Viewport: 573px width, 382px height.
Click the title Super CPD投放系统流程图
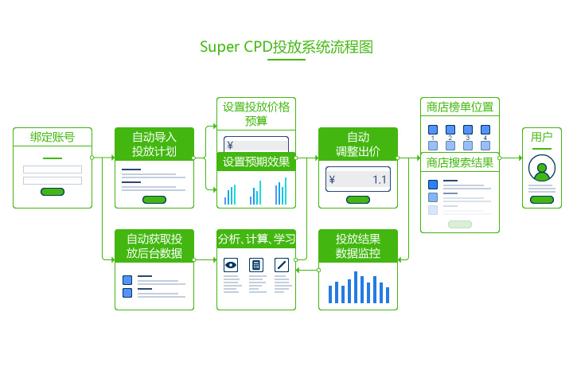tap(286, 47)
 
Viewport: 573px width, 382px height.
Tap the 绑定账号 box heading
tap(53, 137)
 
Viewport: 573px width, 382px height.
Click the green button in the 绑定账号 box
tap(53, 192)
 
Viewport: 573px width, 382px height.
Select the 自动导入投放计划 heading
tap(154, 144)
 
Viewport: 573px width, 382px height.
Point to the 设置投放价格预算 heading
tap(256, 114)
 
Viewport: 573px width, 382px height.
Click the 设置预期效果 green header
tap(256, 162)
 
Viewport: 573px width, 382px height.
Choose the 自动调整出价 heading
tap(358, 144)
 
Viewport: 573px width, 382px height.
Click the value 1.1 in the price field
tap(380, 180)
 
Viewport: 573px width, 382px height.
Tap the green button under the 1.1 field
tap(358, 200)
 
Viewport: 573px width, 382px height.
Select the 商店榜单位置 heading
tap(460, 107)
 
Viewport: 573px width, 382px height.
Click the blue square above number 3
tap(468, 130)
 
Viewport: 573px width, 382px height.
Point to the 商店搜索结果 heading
tap(460, 162)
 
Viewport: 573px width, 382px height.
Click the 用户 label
tap(542, 137)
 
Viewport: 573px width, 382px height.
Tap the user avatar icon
tap(542, 168)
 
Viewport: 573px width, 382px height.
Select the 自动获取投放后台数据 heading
tap(154, 246)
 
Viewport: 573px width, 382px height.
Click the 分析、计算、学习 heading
tap(256, 239)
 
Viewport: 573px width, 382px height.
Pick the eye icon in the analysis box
tap(231, 265)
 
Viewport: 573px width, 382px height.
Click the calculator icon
tap(256, 265)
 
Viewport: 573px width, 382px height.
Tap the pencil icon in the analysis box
tap(282, 265)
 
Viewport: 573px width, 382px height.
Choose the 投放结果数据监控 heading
tap(358, 246)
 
